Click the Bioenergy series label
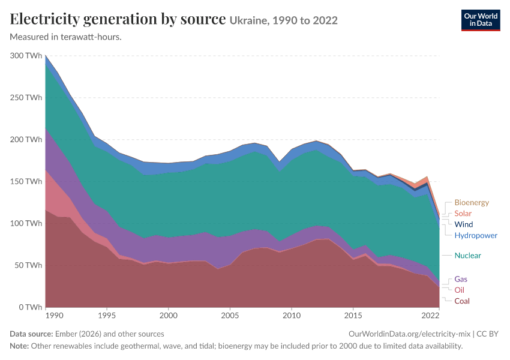click(x=472, y=202)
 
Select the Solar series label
click(x=463, y=214)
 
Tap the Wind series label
click(x=463, y=224)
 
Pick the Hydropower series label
click(x=476, y=235)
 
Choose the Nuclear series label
click(x=468, y=255)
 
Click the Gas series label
click(x=461, y=279)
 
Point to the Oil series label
click(x=459, y=290)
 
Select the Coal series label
click(x=462, y=301)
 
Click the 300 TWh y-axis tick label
click(x=26, y=56)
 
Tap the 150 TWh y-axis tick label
click(x=26, y=181)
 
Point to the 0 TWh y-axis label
click(x=31, y=307)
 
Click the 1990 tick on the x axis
click(x=55, y=316)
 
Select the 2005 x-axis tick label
click(x=230, y=316)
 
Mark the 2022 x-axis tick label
click(x=430, y=316)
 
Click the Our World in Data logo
click(x=481, y=20)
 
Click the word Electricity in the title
click(x=45, y=19)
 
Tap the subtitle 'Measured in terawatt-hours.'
click(x=66, y=37)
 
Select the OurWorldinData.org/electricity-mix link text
click(x=409, y=334)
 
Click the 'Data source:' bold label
click(x=31, y=334)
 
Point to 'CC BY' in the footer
click(x=487, y=334)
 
